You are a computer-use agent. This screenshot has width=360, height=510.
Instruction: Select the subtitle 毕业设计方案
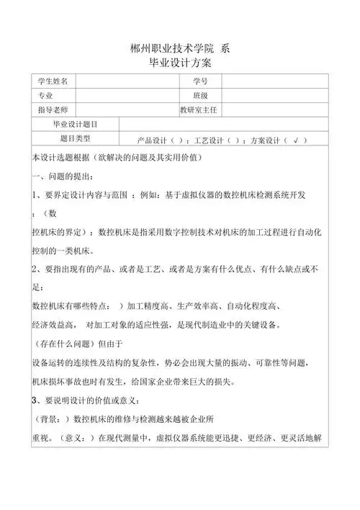[x=181, y=64]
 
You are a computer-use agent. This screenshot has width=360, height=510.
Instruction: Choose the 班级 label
[x=199, y=95]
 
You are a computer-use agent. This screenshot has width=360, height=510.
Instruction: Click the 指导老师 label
[x=52, y=109]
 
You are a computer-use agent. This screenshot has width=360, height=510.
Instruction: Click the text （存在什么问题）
[x=65, y=344]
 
